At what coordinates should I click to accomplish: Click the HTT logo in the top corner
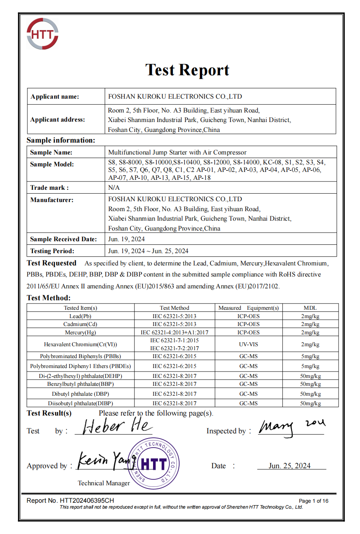pyautogui.click(x=42, y=34)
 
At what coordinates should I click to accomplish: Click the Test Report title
pyautogui.click(x=187, y=70)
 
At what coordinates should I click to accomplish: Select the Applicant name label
pyautogui.click(x=55, y=97)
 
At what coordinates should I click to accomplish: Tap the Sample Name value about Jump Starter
pyautogui.click(x=177, y=153)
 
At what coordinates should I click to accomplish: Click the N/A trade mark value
pyautogui.click(x=114, y=187)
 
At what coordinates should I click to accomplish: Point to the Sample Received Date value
pyautogui.click(x=126, y=239)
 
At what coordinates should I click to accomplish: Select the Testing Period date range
pyautogui.click(x=148, y=251)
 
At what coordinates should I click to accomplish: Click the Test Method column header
pyautogui.click(x=174, y=308)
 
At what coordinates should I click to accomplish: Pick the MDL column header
pyautogui.click(x=310, y=308)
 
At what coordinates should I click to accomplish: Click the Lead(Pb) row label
pyautogui.click(x=80, y=316)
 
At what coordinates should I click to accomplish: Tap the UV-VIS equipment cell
pyautogui.click(x=249, y=344)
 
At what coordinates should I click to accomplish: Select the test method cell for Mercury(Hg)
pyautogui.click(x=174, y=332)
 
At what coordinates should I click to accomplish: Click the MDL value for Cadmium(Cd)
pyautogui.click(x=310, y=324)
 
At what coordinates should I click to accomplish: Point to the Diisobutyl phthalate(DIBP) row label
pyautogui.click(x=80, y=403)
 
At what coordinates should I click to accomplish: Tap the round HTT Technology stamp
pyautogui.click(x=154, y=463)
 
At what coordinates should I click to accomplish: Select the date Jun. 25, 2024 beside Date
pyautogui.click(x=289, y=466)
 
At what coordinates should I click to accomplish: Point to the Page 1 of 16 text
pyautogui.click(x=313, y=501)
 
